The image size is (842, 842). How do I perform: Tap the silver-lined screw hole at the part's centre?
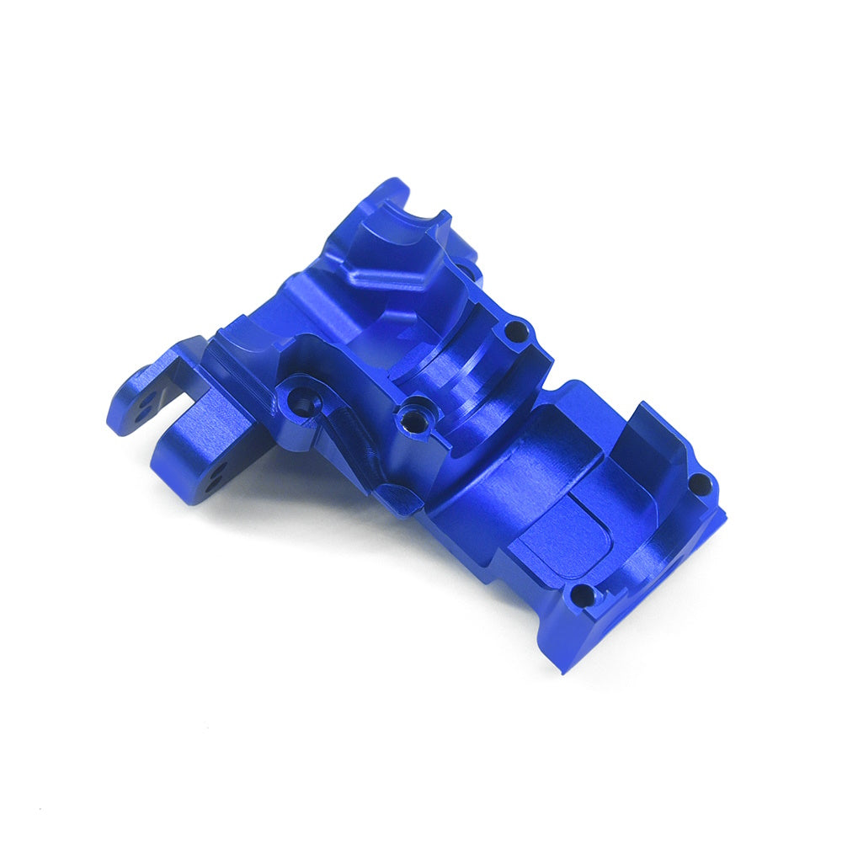pyautogui.click(x=413, y=417)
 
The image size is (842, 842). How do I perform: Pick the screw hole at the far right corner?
pyautogui.click(x=698, y=482)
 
